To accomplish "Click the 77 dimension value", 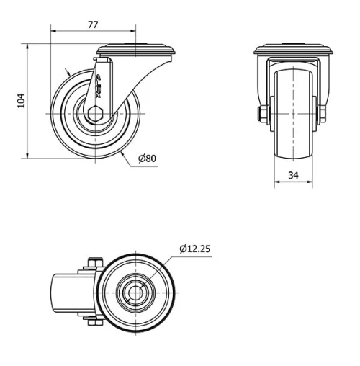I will coord(93,24).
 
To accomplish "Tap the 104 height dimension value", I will coord(21,101).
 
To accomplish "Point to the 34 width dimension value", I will coord(293,175).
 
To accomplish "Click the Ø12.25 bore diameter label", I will coord(194,249).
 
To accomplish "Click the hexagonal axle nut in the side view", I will coord(96,113).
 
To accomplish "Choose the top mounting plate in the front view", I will coord(293,51).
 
